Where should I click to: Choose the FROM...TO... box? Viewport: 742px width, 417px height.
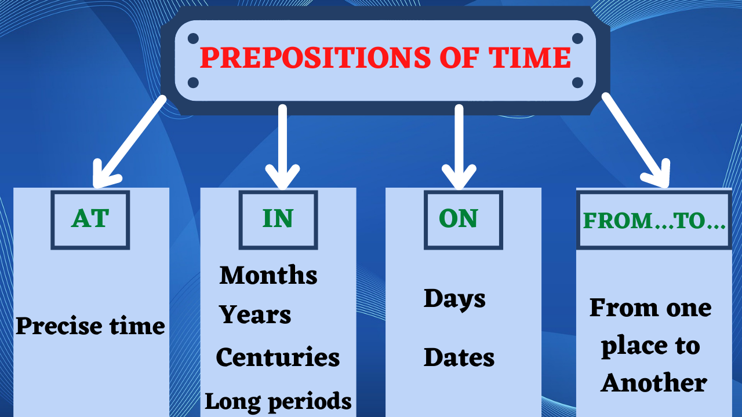coord(654,221)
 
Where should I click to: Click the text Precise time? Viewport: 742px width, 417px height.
coord(90,326)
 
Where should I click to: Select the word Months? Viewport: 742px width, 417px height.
coord(268,275)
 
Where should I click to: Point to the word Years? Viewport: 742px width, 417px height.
coord(255,315)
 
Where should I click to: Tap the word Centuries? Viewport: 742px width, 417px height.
coord(278,357)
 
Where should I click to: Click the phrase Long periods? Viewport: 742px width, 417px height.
coord(278,401)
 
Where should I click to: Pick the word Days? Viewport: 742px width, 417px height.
coord(454,299)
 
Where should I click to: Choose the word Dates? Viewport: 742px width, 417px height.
coord(459,357)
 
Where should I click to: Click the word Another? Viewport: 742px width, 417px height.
coord(654,383)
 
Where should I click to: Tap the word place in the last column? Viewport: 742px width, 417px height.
coord(634,346)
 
